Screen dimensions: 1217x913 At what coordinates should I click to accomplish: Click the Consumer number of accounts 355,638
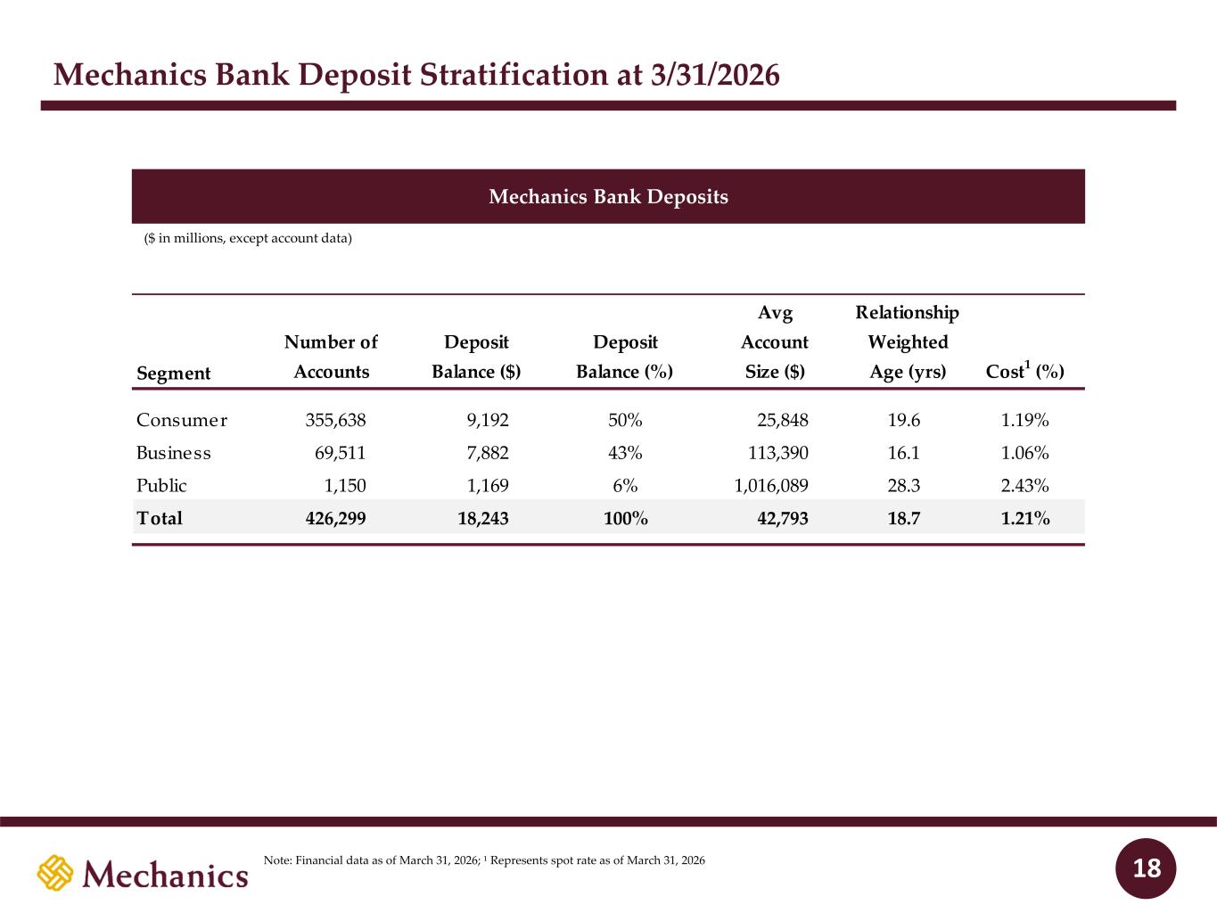point(335,420)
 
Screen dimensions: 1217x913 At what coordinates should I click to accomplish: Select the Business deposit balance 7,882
point(488,453)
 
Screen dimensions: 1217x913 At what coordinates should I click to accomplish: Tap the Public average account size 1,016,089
point(771,486)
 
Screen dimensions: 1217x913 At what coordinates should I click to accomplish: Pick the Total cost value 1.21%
point(1025,518)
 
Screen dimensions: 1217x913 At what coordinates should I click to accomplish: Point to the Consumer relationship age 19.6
point(904,420)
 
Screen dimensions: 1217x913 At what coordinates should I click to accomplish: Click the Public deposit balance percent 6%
point(625,486)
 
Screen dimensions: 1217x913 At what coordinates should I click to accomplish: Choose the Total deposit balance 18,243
point(483,518)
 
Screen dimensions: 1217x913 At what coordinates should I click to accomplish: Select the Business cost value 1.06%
point(1024,453)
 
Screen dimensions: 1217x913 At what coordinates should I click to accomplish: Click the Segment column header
point(174,373)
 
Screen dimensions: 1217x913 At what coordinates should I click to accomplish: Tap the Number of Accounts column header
point(331,357)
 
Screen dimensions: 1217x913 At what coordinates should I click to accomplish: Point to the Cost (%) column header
point(1024,370)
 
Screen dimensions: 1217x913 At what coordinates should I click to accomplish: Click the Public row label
point(161,486)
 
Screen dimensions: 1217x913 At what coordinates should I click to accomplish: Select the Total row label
point(159,518)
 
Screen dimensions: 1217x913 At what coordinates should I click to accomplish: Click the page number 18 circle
point(1146,868)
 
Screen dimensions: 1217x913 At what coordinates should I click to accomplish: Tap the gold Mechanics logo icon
point(55,873)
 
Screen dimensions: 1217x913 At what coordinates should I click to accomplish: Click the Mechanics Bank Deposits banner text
point(608,197)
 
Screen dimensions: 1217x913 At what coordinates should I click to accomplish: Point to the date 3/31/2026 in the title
point(715,75)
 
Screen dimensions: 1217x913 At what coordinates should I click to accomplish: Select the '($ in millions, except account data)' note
point(248,238)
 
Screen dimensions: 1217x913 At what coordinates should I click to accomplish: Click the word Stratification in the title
point(513,75)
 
